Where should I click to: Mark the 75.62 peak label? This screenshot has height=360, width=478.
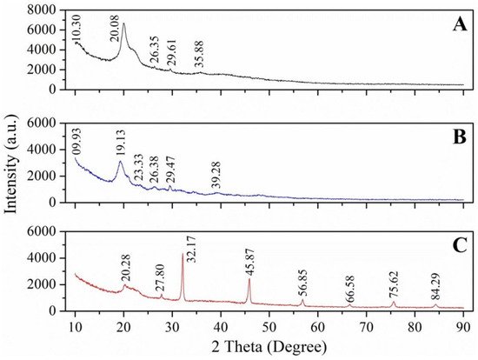pos(394,288)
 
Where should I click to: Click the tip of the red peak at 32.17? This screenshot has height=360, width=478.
pos(183,255)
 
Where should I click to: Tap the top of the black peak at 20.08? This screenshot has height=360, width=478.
pos(123,23)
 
